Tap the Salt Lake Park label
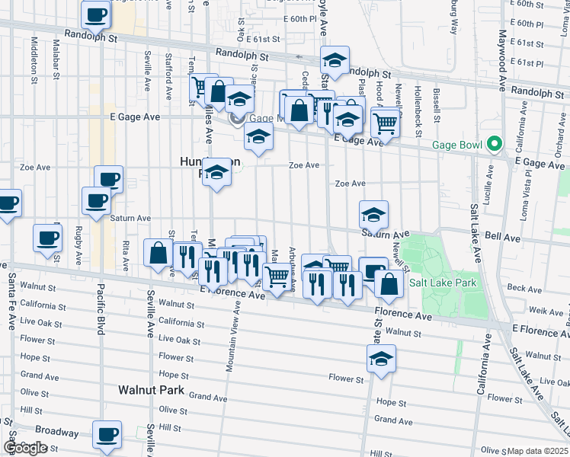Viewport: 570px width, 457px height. [x=442, y=283]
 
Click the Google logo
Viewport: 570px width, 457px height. [x=24, y=448]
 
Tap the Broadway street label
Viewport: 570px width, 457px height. [x=56, y=432]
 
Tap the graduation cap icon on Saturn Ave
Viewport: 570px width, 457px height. [x=373, y=215]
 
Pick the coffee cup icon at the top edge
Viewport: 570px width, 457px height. [x=96, y=14]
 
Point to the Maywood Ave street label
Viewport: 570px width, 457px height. [x=503, y=61]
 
